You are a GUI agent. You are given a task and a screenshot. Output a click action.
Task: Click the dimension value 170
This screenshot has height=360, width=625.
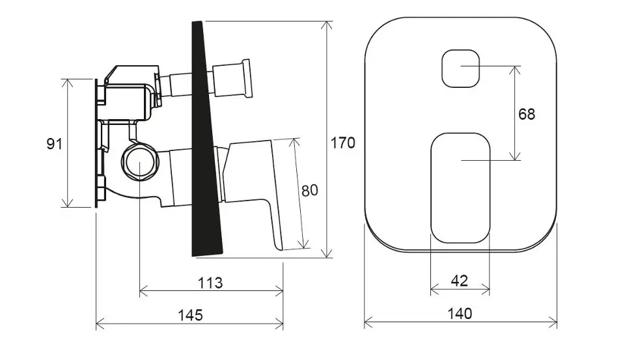[343, 143]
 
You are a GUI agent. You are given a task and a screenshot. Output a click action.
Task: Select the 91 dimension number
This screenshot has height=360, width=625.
[55, 143]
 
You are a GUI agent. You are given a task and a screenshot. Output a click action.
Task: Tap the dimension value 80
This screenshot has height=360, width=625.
[310, 190]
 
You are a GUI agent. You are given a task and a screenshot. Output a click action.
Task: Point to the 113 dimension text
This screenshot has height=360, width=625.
[210, 283]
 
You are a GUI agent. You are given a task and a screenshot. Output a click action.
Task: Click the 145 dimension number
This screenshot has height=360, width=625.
[190, 315]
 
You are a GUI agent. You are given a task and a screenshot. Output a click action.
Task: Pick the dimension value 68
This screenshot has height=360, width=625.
[527, 114]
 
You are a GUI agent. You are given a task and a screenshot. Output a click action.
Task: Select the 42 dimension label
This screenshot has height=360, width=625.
[459, 281]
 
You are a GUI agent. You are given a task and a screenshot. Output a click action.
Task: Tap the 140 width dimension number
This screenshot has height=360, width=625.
[460, 313]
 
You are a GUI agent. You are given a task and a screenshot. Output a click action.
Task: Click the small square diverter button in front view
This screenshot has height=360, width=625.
[460, 68]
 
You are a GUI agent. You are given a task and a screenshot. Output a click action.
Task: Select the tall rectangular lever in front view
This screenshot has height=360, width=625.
[460, 188]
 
